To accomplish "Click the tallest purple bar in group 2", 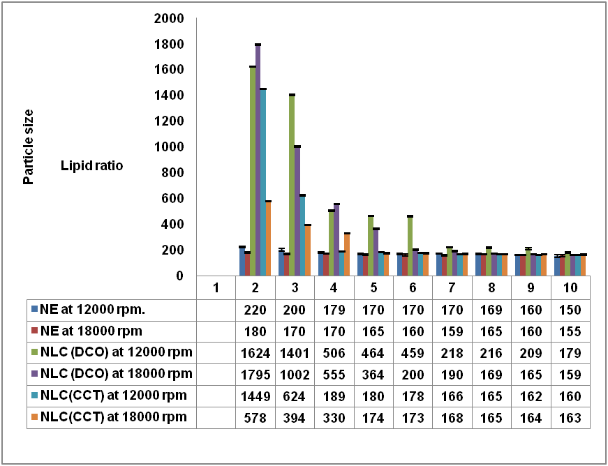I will tap(258, 160).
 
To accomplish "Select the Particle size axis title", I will tap(29, 146).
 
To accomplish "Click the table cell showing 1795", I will tap(255, 373).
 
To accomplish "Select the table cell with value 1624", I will tap(255, 352).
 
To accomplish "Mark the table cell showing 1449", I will tap(255, 396).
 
